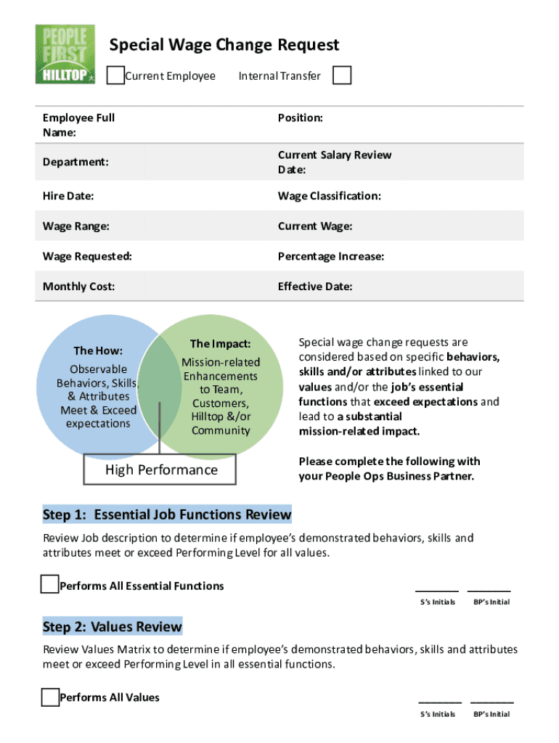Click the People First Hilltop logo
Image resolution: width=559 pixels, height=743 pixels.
pos(65,54)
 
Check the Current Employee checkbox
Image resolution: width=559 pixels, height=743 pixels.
pos(115,75)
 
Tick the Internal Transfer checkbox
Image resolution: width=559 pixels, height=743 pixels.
pos(342,75)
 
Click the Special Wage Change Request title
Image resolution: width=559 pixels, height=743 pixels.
pos(224,46)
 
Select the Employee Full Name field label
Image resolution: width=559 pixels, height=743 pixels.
pos(78,125)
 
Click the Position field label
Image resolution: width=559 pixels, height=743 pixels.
pos(300,118)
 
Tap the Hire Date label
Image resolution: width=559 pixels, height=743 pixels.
pos(68,196)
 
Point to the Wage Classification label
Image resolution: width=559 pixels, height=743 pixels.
pos(329,196)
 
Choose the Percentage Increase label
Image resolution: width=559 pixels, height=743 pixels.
pos(330,256)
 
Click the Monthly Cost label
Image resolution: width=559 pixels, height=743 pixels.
pos(78,287)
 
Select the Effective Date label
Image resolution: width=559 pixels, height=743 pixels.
pos(314,287)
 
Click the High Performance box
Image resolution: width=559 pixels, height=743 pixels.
pos(161,470)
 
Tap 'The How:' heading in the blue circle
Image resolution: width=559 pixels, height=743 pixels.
pos(98,350)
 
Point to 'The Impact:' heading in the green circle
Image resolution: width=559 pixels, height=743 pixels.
pos(220,344)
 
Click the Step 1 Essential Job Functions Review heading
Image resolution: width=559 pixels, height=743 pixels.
pos(167,514)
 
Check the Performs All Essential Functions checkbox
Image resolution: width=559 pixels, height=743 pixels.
pos(49,585)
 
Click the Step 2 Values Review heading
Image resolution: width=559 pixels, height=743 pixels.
pos(113,626)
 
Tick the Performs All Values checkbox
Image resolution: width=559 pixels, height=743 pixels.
pos(49,697)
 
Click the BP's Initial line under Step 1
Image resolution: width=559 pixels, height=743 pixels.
pos(489,591)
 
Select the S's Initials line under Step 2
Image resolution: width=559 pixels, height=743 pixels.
pos(440,702)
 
